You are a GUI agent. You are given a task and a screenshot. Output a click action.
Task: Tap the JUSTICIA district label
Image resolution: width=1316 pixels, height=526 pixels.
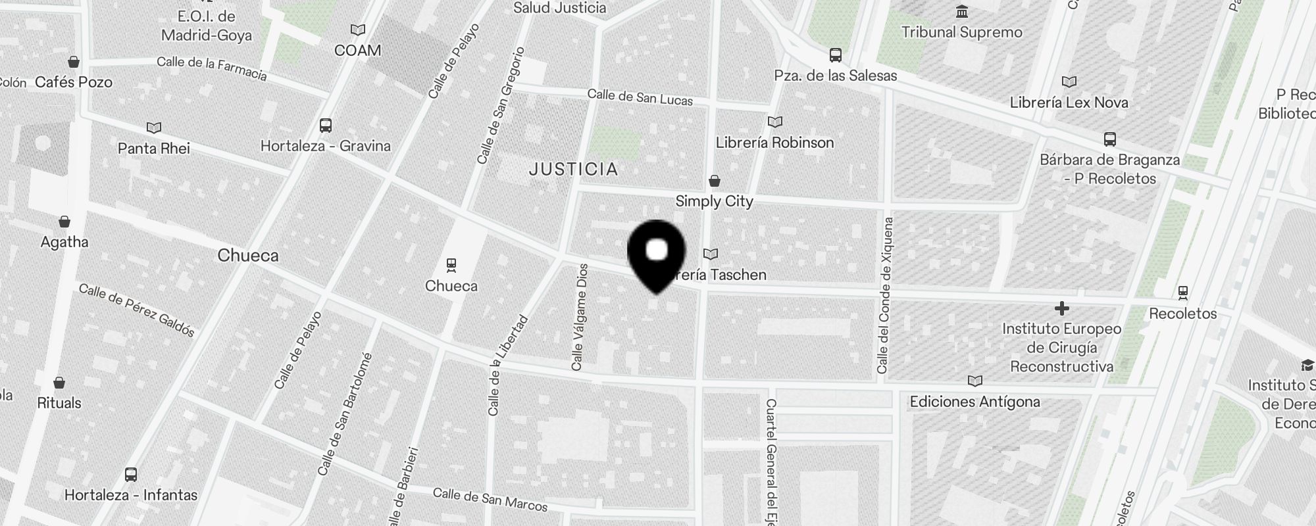point(574,170)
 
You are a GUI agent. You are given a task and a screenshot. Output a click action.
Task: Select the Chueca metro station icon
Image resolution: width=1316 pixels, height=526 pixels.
point(451,265)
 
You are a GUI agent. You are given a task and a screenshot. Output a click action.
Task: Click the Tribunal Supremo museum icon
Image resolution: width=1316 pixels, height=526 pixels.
point(962,12)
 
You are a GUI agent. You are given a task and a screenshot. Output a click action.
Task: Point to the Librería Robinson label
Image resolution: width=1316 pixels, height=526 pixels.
point(774,143)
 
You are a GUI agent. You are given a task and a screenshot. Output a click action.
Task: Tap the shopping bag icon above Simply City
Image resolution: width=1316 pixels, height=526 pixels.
point(715,181)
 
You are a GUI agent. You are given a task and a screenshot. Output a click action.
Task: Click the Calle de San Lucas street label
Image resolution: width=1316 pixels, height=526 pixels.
point(640,97)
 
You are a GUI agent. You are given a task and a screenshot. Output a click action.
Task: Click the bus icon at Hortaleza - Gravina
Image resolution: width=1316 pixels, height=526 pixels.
point(325,126)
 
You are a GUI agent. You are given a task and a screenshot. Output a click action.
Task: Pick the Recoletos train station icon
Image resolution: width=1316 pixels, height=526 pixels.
point(1182,292)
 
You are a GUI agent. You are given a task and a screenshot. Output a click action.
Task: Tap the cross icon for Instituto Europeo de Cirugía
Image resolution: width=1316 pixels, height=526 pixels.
point(1061,308)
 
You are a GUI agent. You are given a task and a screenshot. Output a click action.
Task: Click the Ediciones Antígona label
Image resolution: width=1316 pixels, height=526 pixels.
point(974,402)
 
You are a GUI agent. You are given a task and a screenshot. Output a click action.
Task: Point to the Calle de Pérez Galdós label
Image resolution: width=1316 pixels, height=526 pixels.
point(137,310)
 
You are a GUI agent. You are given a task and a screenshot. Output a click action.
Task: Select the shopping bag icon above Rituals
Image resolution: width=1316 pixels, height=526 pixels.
point(59,383)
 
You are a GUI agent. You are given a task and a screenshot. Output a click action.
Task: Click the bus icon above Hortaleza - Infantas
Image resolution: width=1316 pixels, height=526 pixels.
point(131,474)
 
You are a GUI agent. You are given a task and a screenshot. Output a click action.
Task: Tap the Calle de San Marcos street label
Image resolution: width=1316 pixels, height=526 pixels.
point(490,500)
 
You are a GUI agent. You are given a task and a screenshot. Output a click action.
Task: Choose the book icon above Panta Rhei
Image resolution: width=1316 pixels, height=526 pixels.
point(154,128)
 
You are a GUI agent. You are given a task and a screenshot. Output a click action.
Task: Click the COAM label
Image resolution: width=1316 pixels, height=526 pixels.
point(357,51)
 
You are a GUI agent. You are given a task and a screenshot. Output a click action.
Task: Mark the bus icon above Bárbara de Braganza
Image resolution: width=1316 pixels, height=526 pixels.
point(1109,139)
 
